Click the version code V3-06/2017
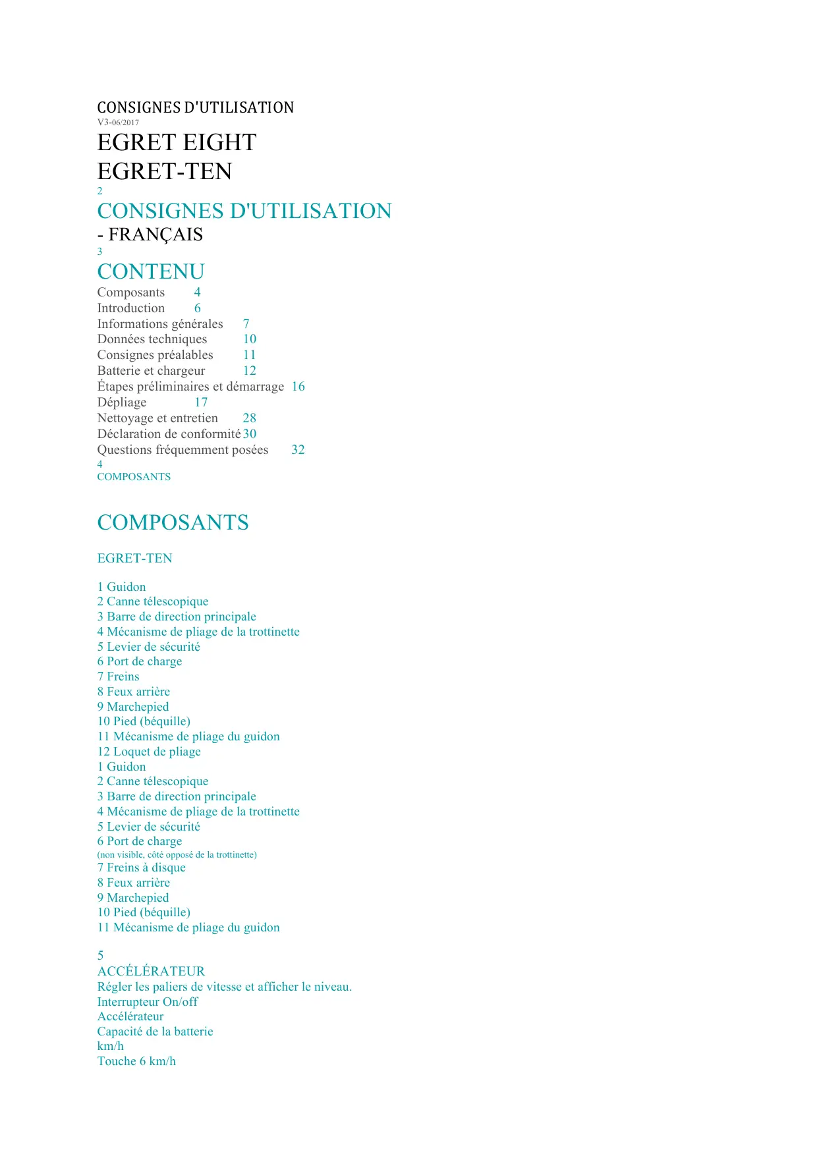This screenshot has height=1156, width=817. (x=118, y=123)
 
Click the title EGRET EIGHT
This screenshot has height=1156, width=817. (x=177, y=142)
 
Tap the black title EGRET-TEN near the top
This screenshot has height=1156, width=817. (x=165, y=171)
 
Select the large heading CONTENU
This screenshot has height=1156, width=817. (x=151, y=271)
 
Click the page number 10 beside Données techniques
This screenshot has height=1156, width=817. (x=250, y=339)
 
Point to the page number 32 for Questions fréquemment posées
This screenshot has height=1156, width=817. (x=298, y=450)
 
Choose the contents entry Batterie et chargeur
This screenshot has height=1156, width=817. (x=151, y=371)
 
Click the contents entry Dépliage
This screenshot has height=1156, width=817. (x=122, y=402)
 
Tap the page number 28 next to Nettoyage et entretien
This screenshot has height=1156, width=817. (x=249, y=418)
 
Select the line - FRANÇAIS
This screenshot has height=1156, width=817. (x=150, y=234)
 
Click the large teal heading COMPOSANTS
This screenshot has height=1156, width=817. (x=173, y=522)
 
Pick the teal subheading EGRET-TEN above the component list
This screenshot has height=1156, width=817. (x=134, y=559)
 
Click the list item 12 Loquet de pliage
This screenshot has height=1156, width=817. (x=149, y=752)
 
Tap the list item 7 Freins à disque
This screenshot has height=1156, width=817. (x=142, y=867)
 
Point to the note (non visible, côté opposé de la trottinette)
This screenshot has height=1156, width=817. (x=177, y=854)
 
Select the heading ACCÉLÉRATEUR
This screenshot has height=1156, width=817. (x=151, y=971)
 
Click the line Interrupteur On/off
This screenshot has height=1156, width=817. (x=148, y=1002)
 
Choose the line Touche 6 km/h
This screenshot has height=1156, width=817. (x=136, y=1061)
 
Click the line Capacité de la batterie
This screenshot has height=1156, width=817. (x=155, y=1032)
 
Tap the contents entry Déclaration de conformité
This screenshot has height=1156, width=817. (x=169, y=434)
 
